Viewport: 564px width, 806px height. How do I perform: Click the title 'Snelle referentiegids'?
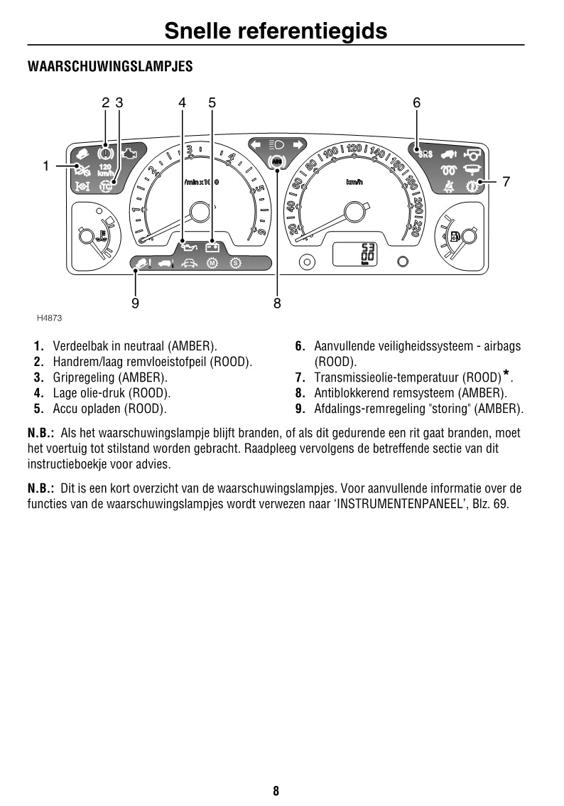[x=276, y=31]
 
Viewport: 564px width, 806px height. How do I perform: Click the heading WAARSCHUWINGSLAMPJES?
[x=110, y=67]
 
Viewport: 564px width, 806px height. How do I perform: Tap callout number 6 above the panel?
[x=417, y=103]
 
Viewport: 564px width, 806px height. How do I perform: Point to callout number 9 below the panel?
[x=135, y=303]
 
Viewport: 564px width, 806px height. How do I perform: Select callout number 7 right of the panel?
[x=506, y=182]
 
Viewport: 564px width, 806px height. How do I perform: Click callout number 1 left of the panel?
[x=45, y=166]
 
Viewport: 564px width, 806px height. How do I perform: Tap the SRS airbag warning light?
[x=425, y=153]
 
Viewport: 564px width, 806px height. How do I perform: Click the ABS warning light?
[x=277, y=162]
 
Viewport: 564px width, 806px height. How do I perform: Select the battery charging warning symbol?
[x=212, y=248]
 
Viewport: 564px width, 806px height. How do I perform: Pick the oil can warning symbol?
[x=189, y=248]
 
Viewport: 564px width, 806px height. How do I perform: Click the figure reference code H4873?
[x=49, y=318]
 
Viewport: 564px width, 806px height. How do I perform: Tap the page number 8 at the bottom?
[x=276, y=790]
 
